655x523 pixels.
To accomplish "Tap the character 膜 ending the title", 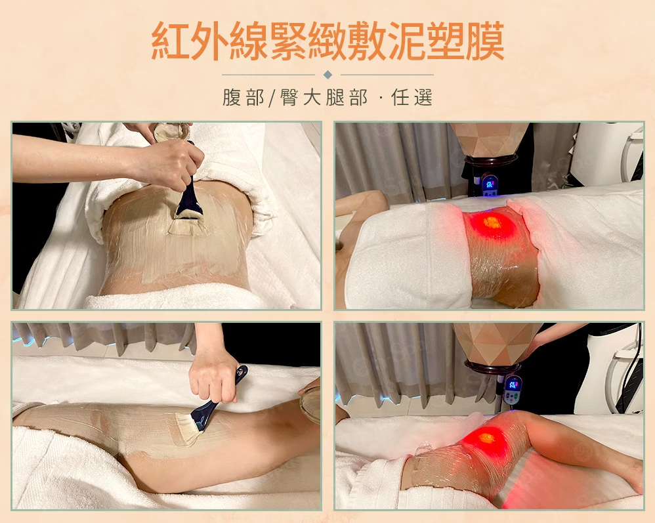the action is click(485, 41).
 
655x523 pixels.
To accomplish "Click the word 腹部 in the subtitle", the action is click(243, 98).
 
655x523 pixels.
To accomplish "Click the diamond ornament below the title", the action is click(328, 75).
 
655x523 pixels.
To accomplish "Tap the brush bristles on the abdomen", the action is click(188, 225).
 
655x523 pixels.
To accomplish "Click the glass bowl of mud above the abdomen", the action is click(171, 133).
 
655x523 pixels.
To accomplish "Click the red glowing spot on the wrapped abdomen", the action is click(494, 222).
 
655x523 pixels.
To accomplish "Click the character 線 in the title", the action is click(249, 41).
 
